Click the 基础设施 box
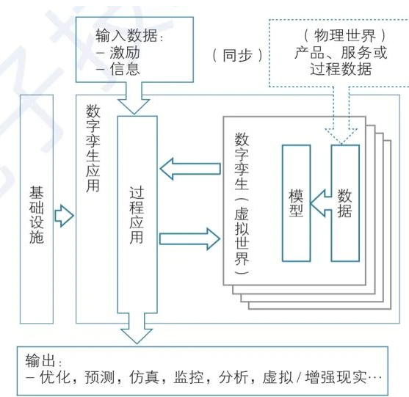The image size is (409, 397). (37, 209)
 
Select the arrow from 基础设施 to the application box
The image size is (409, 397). (65, 216)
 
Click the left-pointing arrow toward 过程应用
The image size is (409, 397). (189, 169)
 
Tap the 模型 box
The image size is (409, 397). (297, 203)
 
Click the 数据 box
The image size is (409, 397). (344, 203)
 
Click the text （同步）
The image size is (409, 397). (236, 55)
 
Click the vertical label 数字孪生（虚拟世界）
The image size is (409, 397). (242, 209)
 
